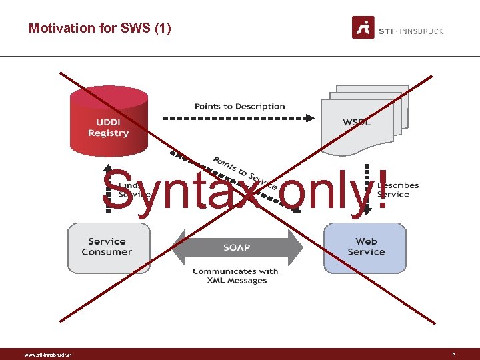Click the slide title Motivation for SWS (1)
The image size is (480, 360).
[100, 28]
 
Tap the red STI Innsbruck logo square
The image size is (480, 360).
[363, 27]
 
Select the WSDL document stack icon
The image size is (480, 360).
[364, 117]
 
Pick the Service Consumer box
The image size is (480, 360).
[107, 247]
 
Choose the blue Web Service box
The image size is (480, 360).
[365, 247]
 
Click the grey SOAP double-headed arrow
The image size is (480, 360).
[237, 248]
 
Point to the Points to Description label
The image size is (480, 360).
[239, 106]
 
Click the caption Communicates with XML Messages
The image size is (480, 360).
[235, 276]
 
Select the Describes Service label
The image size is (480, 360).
[398, 190]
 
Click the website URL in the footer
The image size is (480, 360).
[48, 355]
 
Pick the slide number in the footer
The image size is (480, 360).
[453, 354]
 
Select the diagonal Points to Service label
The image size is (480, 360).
[244, 172]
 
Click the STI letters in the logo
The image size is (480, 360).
[386, 31]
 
